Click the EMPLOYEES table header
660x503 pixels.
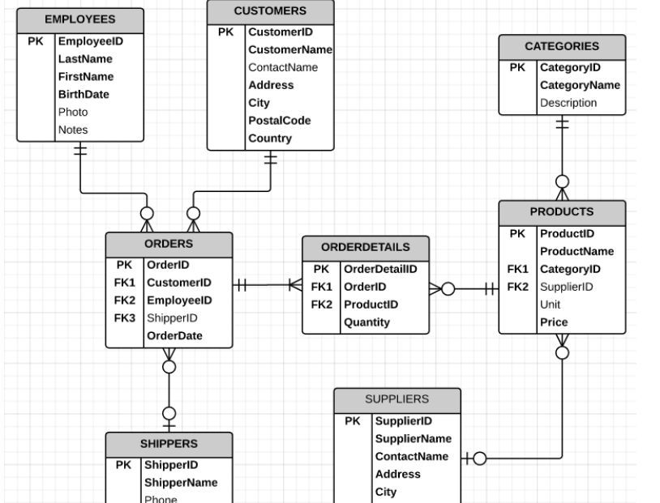click(79, 19)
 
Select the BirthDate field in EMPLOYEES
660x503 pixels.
click(84, 95)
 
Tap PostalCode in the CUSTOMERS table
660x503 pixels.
click(279, 121)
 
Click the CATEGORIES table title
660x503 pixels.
click(562, 47)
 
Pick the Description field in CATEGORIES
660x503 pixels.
click(568, 103)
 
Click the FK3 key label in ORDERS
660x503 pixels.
click(124, 318)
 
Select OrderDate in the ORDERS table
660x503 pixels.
click(174, 336)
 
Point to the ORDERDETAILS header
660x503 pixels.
click(365, 248)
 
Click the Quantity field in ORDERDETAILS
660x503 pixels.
click(366, 322)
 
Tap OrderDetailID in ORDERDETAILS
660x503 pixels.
click(380, 269)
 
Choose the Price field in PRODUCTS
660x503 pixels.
click(554, 322)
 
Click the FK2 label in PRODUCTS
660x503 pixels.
click(517, 287)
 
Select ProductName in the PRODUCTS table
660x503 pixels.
click(576, 251)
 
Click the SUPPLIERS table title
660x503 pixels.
click(396, 399)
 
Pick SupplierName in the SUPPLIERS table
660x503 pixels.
click(413, 439)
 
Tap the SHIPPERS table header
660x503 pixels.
click(169, 444)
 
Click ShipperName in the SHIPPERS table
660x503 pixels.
click(180, 483)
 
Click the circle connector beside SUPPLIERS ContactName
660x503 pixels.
click(479, 459)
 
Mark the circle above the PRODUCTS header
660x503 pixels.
click(562, 181)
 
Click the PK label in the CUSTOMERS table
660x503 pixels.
click(226, 32)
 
